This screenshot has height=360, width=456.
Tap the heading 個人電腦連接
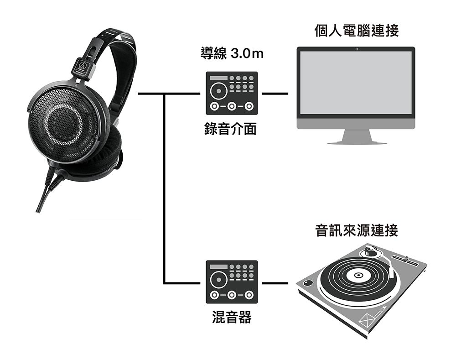click(356, 31)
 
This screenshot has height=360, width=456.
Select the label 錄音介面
click(231, 129)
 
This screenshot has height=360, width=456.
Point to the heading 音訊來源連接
click(357, 230)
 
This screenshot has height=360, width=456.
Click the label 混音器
click(231, 317)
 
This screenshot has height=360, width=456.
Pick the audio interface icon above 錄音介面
click(231, 93)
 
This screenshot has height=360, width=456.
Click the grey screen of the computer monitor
click(356, 83)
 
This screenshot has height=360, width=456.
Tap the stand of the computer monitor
click(356, 136)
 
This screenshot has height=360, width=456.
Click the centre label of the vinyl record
click(358, 275)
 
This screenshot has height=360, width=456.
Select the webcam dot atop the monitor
click(356, 49)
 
